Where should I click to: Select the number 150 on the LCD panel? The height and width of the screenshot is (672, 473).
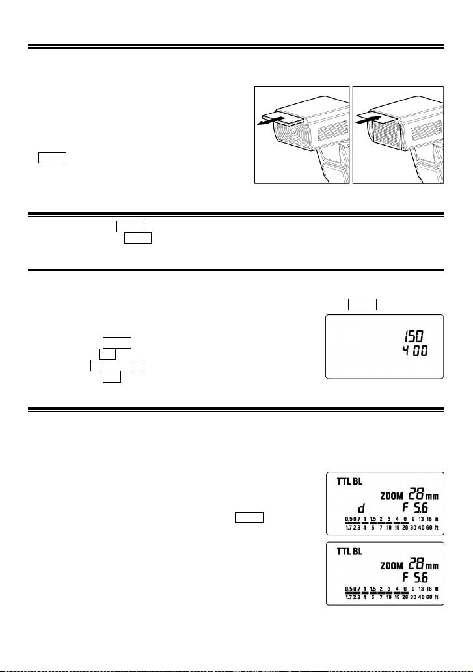[x=411, y=337]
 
